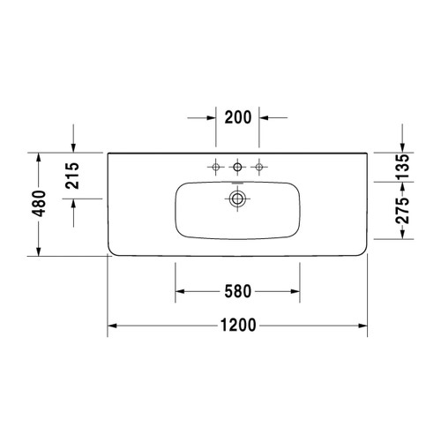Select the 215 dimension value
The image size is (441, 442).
(x=73, y=176)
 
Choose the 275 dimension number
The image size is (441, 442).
(x=401, y=211)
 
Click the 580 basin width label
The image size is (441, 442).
(x=238, y=291)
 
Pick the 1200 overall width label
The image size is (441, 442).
(x=238, y=326)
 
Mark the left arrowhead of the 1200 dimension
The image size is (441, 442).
(x=114, y=326)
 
